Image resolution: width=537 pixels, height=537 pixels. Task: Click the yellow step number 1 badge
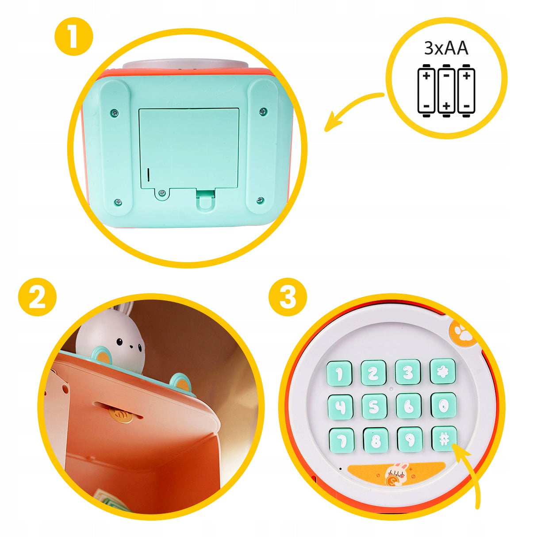(73, 37)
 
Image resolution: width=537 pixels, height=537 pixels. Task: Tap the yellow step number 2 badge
(37, 297)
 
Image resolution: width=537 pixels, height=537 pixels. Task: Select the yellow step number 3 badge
(288, 297)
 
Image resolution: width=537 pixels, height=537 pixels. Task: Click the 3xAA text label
(446, 48)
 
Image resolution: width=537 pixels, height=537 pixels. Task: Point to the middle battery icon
(446, 91)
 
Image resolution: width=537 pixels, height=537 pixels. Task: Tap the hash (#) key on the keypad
(444, 440)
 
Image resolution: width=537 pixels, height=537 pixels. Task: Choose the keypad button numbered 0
(444, 406)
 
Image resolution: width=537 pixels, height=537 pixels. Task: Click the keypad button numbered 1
(339, 373)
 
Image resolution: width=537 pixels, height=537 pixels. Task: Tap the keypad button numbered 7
(341, 440)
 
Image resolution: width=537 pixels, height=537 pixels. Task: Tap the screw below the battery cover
(161, 193)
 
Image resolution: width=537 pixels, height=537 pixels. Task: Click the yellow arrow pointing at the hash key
(471, 474)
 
